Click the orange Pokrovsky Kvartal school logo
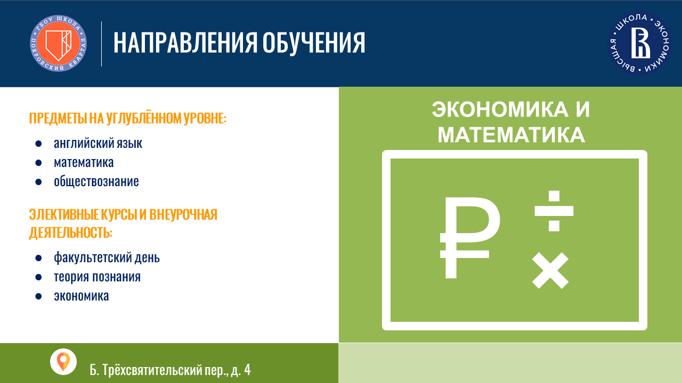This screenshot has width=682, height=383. pos(58,43)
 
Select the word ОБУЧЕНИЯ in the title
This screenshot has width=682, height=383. pos(314,43)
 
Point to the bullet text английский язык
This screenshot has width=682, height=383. pos(98,143)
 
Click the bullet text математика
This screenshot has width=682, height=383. pos(84,162)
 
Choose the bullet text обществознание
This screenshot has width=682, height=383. pos(96,181)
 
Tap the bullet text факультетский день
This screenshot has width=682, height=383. pos(107,257)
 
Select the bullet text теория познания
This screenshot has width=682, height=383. pos(97,277)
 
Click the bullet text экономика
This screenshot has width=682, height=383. pos(82,296)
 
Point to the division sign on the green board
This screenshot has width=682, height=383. pos(554,211)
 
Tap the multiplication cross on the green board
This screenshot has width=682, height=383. pos(550,270)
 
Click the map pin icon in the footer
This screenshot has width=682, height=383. pos(63,361)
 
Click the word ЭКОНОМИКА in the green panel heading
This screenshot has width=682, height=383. pos(500,110)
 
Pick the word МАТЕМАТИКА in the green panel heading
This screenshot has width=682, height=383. pos(511,135)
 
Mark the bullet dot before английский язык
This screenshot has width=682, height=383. pos(38,144)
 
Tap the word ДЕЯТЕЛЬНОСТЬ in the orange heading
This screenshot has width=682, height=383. pos(71,232)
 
